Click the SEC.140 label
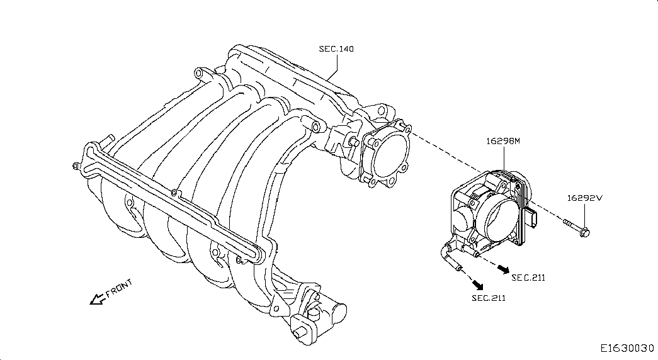pyautogui.click(x=336, y=49)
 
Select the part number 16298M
pyautogui.click(x=502, y=141)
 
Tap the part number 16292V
pyautogui.click(x=584, y=198)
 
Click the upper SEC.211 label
pyautogui.click(x=528, y=278)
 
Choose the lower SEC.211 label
pyautogui.click(x=489, y=298)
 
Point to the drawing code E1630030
pyautogui.click(x=627, y=348)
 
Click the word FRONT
pyautogui.click(x=119, y=288)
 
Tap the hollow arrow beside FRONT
pyautogui.click(x=98, y=299)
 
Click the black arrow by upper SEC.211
pyautogui.click(x=504, y=269)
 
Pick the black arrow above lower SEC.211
pyautogui.click(x=477, y=285)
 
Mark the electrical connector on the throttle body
pyautogui.click(x=532, y=217)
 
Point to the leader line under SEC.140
pyautogui.click(x=332, y=67)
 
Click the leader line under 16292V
pyautogui.click(x=584, y=215)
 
